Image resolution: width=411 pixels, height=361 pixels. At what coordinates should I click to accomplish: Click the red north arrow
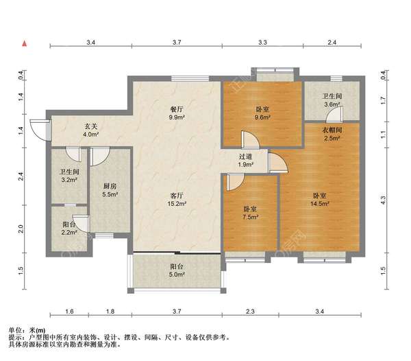pos(25,43)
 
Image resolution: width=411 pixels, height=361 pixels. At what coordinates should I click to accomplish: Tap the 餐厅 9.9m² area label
pos(177,113)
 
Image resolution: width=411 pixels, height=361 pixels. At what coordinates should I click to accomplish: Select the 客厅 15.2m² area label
pos(177,200)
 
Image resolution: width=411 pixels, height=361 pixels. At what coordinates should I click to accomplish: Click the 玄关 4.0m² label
pos(91,130)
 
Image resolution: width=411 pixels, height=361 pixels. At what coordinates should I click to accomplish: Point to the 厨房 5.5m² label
pos(110,190)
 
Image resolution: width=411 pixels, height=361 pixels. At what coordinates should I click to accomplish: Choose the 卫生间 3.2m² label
pos(69,176)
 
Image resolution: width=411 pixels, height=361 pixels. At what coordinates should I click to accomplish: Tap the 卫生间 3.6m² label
pos(332,100)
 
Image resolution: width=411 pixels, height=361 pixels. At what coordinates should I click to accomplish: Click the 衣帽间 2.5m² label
pos(332,134)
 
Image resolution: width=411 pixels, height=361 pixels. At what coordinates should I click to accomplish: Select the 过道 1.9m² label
pos(245,161)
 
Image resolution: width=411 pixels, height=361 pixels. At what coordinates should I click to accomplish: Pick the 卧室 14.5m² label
pos(320,200)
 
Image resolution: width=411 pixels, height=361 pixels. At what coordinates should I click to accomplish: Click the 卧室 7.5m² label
pos(250,213)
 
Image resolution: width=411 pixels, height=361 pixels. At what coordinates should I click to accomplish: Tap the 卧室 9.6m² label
pos(262,113)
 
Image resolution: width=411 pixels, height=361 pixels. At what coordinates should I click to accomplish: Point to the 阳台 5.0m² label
pos(177,270)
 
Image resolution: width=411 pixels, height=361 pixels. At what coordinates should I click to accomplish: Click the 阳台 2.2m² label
pos(69,229)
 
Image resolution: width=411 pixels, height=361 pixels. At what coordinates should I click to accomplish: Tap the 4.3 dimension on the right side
pos(383,200)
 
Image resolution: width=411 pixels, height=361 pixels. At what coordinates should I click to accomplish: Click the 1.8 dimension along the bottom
pos(110,312)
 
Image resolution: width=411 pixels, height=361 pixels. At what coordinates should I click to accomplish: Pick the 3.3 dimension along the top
pos(262,43)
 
